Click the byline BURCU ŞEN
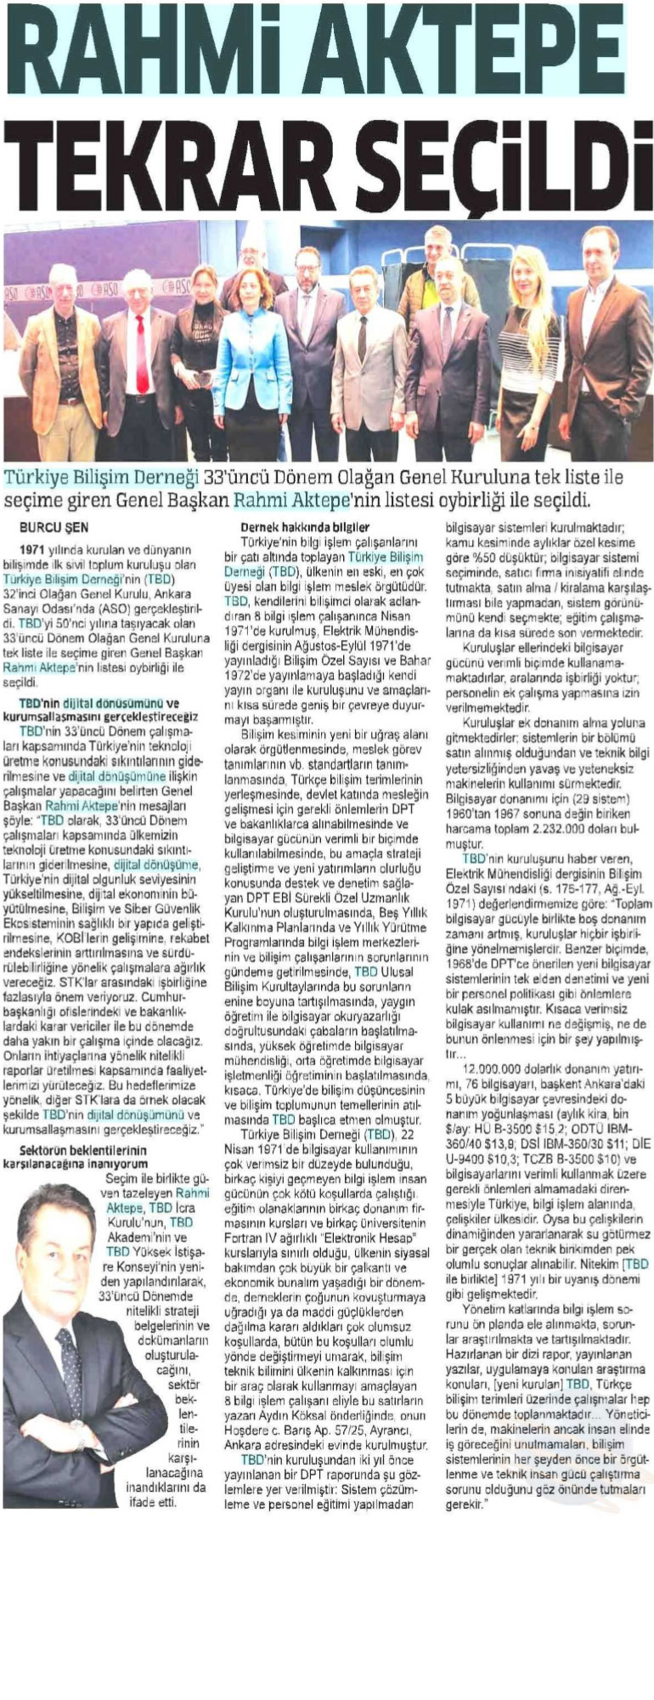(x=54, y=527)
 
